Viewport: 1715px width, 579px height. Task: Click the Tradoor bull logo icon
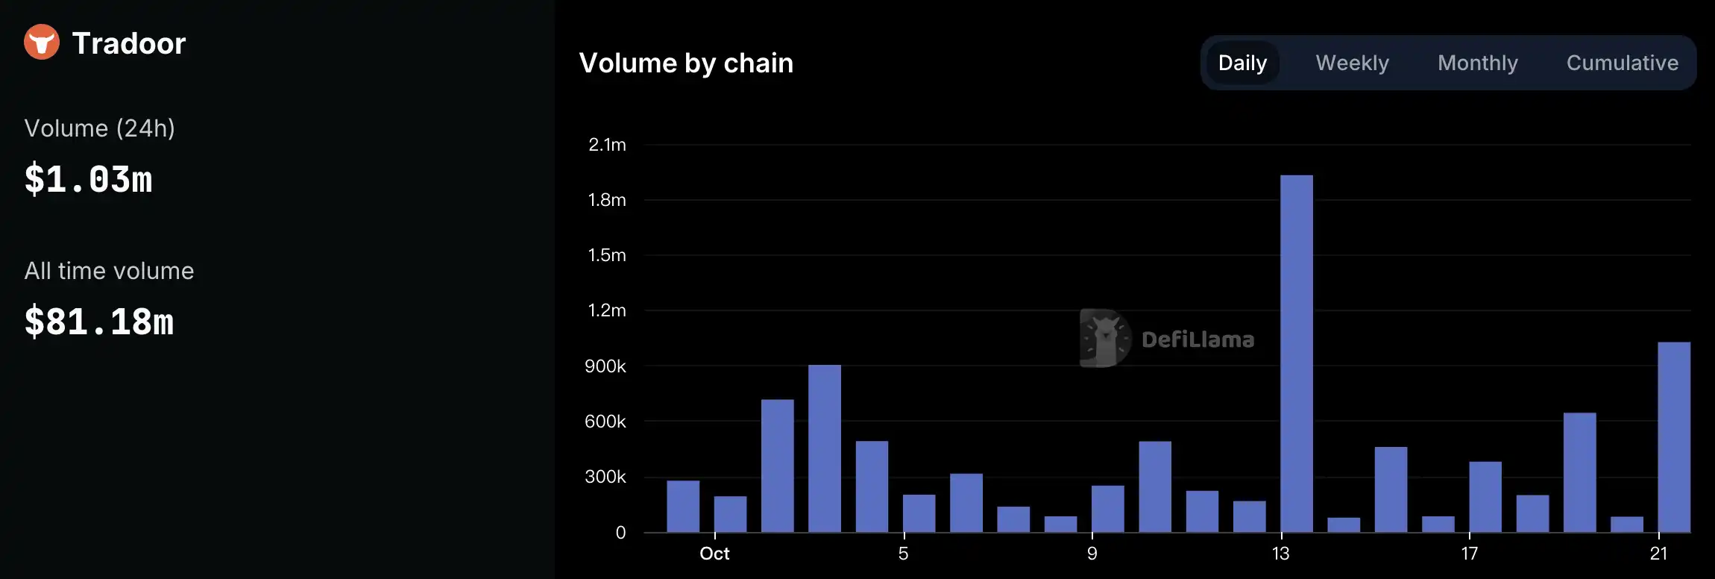42,42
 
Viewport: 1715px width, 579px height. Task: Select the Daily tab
1242,63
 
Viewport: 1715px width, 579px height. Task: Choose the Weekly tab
1352,63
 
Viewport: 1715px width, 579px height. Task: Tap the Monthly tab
1477,63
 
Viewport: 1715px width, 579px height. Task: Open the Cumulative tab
1622,63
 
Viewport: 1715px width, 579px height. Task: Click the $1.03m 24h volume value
88,180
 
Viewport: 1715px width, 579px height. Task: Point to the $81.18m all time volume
98,322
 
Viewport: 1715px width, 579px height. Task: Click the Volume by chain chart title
686,63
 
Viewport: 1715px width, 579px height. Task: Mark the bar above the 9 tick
1107,509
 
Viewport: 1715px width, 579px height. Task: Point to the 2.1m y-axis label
607,145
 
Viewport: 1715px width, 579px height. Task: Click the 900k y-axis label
605,366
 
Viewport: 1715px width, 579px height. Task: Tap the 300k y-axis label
605,477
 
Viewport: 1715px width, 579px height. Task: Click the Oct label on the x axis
714,554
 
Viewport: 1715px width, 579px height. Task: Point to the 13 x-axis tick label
1280,554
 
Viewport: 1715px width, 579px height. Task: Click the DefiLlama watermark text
1198,339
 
